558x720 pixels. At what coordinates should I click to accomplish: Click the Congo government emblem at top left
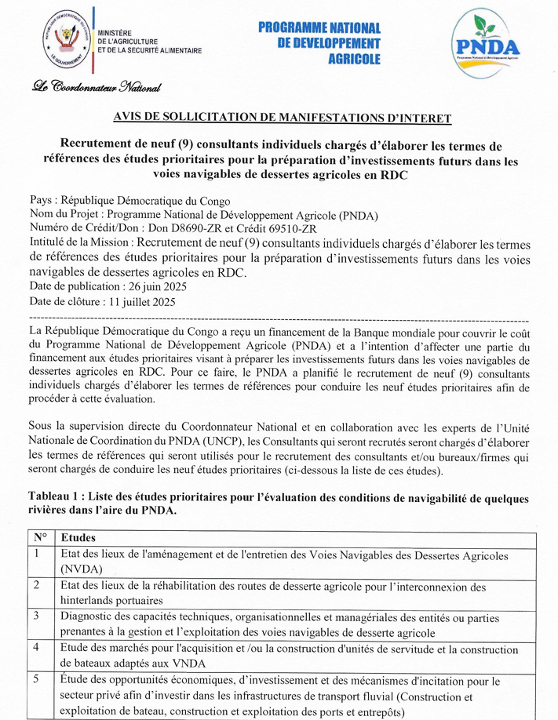[x=67, y=38]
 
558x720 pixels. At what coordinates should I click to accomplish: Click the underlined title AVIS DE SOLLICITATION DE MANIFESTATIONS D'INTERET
[x=283, y=118]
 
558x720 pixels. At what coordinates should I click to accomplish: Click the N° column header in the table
[x=40, y=538]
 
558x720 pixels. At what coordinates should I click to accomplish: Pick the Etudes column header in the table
[x=78, y=538]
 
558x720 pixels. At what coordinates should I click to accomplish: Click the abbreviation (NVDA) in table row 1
[x=82, y=570]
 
